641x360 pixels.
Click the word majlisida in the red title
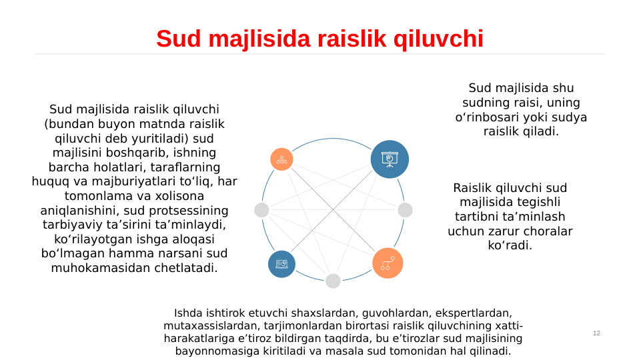[x=256, y=39]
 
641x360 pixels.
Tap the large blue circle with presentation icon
[x=390, y=159]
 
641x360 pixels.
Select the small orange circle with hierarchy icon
[x=281, y=159]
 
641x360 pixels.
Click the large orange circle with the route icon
[x=388, y=263]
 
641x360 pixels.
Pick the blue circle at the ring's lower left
[x=281, y=264]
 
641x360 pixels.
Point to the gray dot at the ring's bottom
[x=334, y=281]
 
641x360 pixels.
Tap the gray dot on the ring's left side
[x=261, y=210]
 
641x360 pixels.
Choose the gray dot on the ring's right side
[x=405, y=210]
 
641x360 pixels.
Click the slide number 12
[x=596, y=333]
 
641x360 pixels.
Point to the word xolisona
[x=175, y=196]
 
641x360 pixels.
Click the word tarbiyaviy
[x=73, y=225]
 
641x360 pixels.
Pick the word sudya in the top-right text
[x=571, y=117]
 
